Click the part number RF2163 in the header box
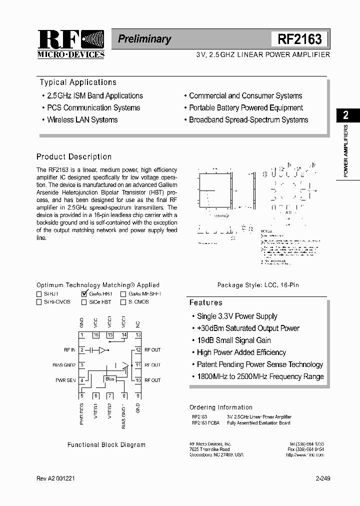[299, 39]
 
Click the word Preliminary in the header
[144, 39]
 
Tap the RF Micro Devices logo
[71, 44]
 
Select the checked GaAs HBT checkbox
[84, 294]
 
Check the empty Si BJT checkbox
[39, 294]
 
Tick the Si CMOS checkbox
[123, 302]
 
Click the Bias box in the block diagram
[110, 379]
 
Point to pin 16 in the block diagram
[96, 334]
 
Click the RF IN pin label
[70, 350]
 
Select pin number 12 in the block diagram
[138, 350]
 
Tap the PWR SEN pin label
[66, 380]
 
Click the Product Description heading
[74, 156]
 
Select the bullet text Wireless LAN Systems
[82, 120]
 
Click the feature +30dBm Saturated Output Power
[248, 328]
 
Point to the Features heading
[205, 302]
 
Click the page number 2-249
[323, 478]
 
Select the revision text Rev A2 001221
[56, 478]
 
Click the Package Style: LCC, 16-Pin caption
[258, 285]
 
